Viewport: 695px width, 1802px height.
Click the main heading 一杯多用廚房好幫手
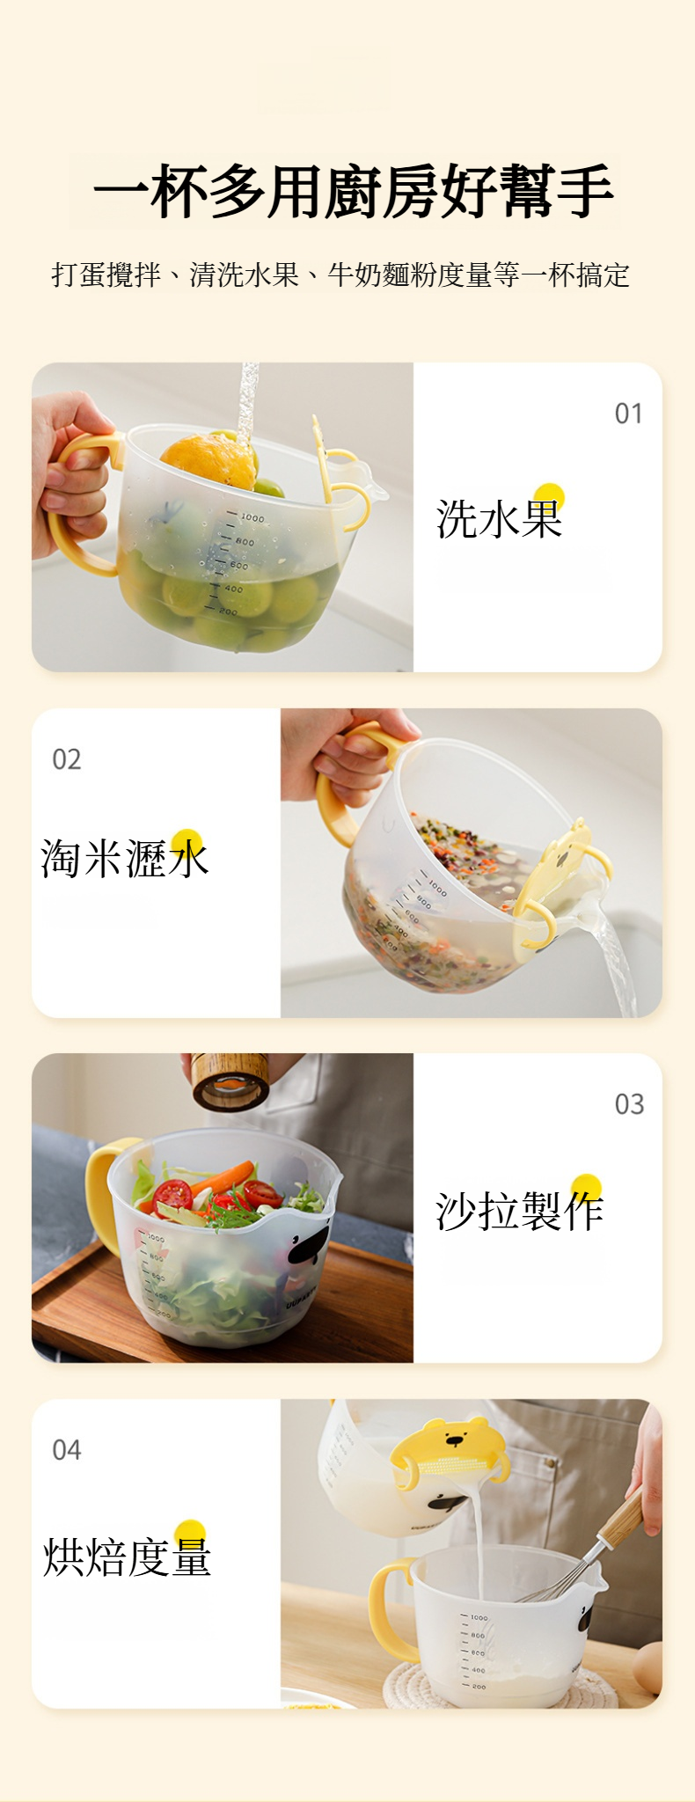(353, 191)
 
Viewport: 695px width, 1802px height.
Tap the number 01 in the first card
(628, 414)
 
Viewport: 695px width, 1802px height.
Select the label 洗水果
(499, 517)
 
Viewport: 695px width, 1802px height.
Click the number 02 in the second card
(67, 759)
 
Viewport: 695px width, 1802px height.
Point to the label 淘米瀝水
(124, 857)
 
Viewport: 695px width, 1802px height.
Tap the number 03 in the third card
(629, 1104)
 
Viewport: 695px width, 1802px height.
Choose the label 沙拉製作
(519, 1211)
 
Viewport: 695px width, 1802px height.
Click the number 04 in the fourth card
(67, 1450)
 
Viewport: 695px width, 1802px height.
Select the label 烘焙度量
(127, 1557)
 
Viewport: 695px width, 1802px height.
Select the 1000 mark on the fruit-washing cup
(252, 517)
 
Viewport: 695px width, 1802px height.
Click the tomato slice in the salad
(173, 1194)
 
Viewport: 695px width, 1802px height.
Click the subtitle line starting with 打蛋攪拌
(340, 275)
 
